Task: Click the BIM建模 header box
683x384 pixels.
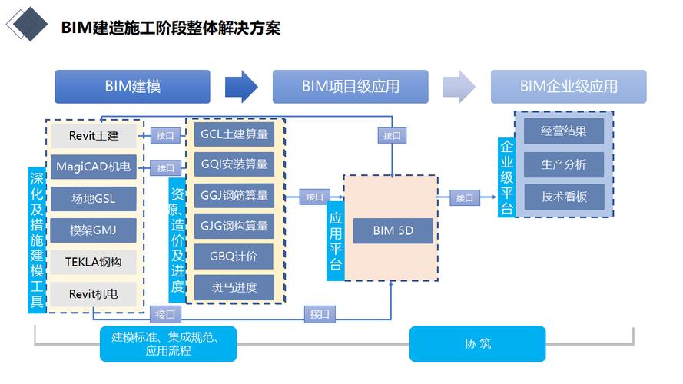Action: tap(132, 87)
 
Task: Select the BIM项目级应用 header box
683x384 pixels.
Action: tap(350, 87)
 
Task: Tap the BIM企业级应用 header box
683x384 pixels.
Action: tap(569, 87)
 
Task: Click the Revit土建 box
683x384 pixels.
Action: tap(94, 135)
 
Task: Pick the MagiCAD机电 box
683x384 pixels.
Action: tap(94, 167)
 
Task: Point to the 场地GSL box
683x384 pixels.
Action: tap(94, 199)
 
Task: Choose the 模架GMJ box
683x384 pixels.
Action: tap(94, 230)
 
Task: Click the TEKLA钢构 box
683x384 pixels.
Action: tap(94, 262)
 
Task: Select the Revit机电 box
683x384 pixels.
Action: tap(94, 293)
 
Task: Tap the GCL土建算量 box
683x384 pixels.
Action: tap(234, 134)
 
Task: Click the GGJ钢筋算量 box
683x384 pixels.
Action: tap(234, 195)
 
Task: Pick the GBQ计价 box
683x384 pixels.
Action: tap(234, 257)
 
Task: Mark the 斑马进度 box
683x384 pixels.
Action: tap(234, 287)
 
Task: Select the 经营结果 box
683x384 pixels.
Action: tap(564, 131)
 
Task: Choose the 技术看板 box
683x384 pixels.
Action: tap(564, 197)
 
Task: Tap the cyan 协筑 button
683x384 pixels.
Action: tap(477, 344)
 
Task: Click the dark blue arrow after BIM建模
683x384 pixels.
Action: tap(241, 86)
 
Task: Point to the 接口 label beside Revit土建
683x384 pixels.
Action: tap(165, 135)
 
